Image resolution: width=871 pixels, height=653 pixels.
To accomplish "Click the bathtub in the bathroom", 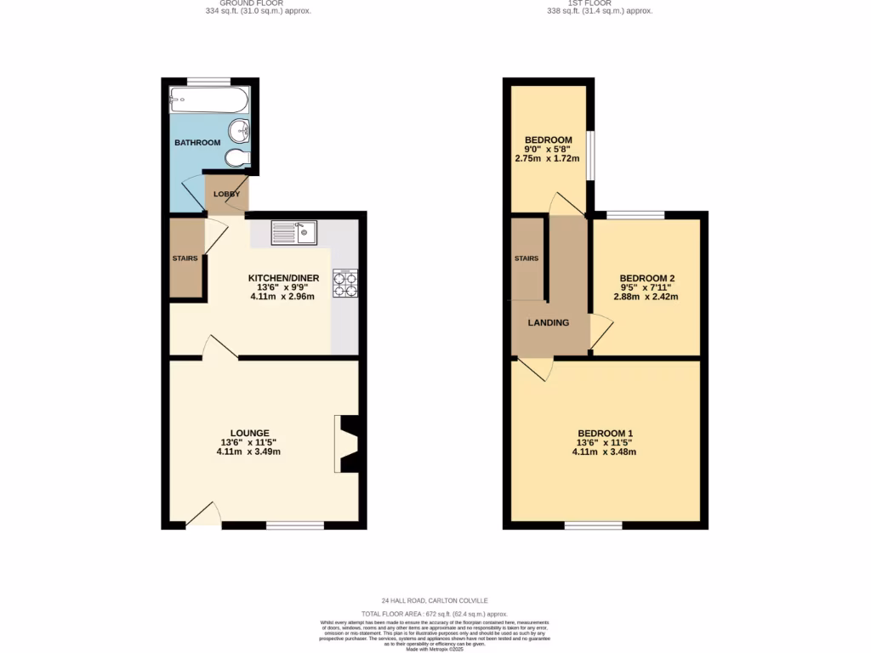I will click(x=208, y=100).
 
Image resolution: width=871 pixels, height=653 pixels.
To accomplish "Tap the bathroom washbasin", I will click(x=242, y=131).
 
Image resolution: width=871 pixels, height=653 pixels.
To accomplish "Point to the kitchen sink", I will click(x=293, y=231).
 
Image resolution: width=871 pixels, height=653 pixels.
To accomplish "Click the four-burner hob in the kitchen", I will click(x=345, y=283).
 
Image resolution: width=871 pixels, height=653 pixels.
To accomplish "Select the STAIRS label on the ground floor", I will click(x=185, y=258).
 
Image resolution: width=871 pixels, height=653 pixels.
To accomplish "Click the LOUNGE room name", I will click(x=248, y=433).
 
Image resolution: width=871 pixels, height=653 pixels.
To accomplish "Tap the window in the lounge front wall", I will click(x=294, y=526).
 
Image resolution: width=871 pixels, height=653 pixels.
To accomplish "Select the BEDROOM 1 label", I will click(x=604, y=434).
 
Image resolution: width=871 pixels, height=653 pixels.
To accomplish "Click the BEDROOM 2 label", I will click(x=646, y=278).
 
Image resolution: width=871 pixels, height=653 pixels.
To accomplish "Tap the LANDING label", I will click(x=548, y=323).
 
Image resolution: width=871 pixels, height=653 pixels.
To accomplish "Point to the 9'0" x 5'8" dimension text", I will click(x=548, y=149).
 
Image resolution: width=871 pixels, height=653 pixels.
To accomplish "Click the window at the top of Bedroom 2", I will click(x=635, y=215).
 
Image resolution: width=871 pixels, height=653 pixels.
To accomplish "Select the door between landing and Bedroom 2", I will click(x=600, y=332).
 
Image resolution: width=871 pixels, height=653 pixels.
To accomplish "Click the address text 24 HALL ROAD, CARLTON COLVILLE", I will click(x=435, y=600).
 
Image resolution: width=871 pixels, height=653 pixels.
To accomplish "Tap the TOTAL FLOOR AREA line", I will click(x=435, y=613).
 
